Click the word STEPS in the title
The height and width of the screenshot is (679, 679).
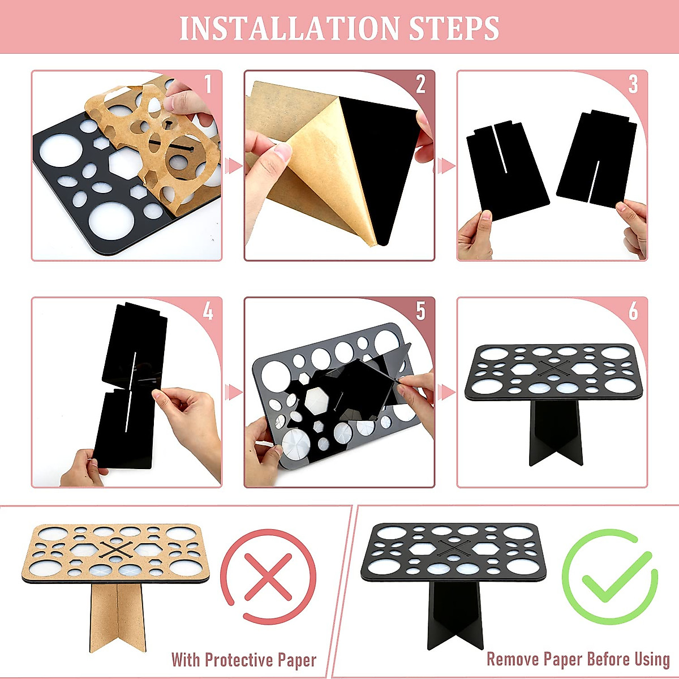454,28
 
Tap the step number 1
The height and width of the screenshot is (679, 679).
208,84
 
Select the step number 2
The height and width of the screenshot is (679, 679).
420,84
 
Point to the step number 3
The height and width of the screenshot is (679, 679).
633,84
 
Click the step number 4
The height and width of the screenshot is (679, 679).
208,311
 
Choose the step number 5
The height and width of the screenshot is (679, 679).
420,311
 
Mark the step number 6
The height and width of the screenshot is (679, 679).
633,311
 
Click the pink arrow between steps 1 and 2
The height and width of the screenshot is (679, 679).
233,166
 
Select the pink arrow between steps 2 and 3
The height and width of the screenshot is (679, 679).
446,166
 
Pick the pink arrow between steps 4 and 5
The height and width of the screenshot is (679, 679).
233,392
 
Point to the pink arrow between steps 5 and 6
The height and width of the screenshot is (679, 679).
446,392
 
